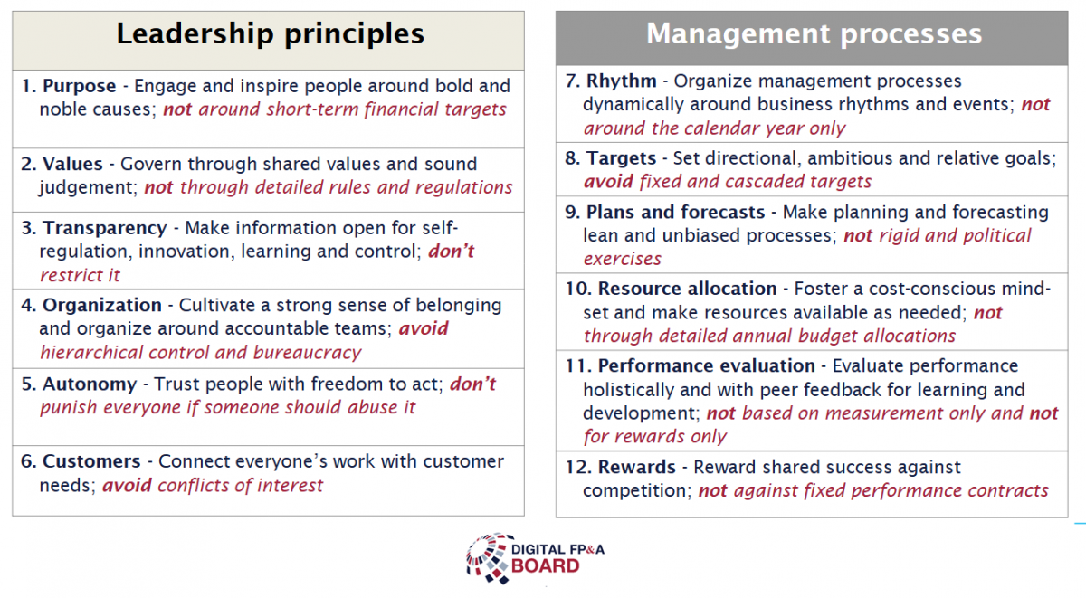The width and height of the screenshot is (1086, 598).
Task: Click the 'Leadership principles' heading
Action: click(270, 33)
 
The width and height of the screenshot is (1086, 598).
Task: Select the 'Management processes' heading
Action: click(814, 33)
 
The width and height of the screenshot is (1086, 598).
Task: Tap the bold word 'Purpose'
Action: click(80, 86)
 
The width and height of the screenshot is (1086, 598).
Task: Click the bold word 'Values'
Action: click(72, 164)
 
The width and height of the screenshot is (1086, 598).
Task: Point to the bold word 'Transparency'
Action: click(105, 228)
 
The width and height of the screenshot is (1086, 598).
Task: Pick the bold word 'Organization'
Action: click(102, 305)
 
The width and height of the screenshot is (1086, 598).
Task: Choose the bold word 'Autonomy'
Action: click(90, 384)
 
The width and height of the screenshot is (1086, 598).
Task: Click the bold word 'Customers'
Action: click(91, 461)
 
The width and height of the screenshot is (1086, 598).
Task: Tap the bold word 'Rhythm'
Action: click(622, 81)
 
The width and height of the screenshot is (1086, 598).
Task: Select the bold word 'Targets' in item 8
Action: click(621, 158)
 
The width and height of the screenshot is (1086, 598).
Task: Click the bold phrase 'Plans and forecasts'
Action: click(676, 213)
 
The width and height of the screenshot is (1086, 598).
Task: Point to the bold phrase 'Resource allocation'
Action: click(688, 289)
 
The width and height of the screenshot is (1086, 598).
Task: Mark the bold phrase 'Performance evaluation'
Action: click(707, 365)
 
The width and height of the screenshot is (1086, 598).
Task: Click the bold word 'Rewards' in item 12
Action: click(637, 467)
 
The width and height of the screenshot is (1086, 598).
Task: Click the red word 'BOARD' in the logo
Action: click(546, 566)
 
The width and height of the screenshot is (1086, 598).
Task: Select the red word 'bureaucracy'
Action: click(308, 353)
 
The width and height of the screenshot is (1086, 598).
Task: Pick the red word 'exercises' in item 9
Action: click(623, 260)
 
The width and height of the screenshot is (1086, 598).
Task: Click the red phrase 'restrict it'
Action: click(80, 275)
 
